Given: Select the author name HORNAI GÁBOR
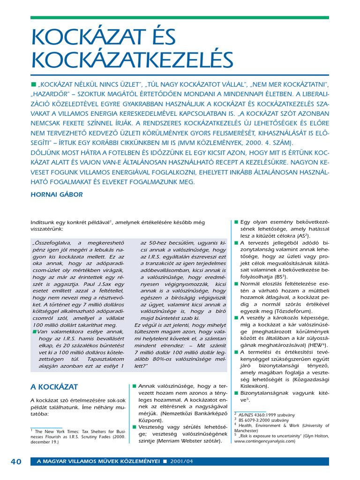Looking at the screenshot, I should pos(56,194).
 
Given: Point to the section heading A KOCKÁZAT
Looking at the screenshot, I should pos(54,387).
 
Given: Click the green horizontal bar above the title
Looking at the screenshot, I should pos(180,17).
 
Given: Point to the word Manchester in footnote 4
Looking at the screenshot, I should pos(247,430).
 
